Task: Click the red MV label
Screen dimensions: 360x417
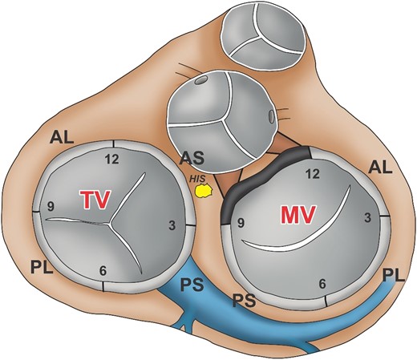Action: [x=296, y=214]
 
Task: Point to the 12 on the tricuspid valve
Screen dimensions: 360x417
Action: [x=113, y=160]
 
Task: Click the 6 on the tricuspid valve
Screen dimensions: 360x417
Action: [x=102, y=269]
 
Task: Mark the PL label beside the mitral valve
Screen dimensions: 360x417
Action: [x=394, y=276]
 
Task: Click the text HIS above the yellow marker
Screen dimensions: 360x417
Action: [x=198, y=180]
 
